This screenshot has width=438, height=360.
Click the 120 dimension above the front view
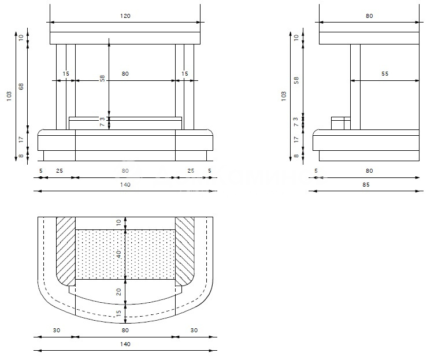(125, 16)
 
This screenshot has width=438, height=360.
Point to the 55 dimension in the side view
(385, 74)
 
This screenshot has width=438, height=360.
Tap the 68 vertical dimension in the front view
(21, 86)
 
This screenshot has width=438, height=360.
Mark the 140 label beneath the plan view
(125, 344)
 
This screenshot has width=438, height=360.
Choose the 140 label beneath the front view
(125, 185)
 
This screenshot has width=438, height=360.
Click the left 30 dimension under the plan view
(55, 331)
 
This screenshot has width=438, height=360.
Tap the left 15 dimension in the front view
(66, 74)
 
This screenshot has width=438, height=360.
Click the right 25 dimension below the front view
(191, 170)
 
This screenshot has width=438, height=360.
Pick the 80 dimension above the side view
(369, 16)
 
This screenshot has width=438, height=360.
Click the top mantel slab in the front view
(125, 38)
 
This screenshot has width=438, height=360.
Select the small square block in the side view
(340, 123)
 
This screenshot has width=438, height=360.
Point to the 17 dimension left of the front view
(21, 139)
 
